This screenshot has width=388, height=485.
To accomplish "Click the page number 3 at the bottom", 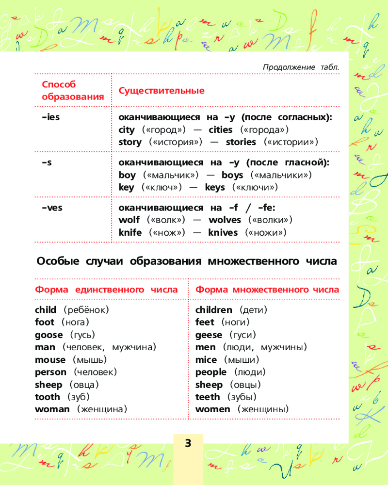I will [188, 443].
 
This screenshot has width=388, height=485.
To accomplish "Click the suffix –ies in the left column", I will [50, 117].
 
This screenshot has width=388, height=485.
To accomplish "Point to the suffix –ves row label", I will [52, 208].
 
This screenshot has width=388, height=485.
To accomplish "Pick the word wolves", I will [225, 220].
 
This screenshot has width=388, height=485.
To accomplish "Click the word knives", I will [223, 232].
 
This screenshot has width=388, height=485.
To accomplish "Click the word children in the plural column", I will [213, 309].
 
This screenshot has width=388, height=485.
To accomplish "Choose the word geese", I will [209, 335].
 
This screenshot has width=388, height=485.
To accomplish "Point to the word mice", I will [206, 360].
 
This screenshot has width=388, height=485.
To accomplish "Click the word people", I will [210, 372].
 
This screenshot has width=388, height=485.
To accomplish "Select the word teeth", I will [207, 397].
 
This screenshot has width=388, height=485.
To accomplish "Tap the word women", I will [212, 409].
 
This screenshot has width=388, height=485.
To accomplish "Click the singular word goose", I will [48, 335].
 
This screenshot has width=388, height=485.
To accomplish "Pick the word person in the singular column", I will [50, 372].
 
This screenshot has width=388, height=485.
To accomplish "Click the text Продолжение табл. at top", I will [300, 67].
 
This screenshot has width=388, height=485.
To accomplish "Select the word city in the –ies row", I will [126, 130].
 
